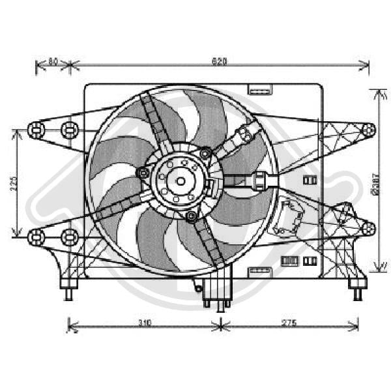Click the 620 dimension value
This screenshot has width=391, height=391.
(x=219, y=62)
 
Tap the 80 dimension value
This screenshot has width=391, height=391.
(x=53, y=62)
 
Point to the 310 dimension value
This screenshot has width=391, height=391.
(x=144, y=323)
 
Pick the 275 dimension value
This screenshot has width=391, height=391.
(x=289, y=323)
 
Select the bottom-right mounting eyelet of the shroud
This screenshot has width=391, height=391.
(x=369, y=228)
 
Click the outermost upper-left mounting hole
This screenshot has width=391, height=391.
(x=36, y=130)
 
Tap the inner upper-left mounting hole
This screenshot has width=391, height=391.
(x=68, y=130)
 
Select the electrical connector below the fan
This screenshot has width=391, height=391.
(x=216, y=292)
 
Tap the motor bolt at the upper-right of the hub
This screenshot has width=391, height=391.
(x=206, y=154)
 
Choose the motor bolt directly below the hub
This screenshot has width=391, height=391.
(x=190, y=215)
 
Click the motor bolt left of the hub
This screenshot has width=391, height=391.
(x=143, y=173)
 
